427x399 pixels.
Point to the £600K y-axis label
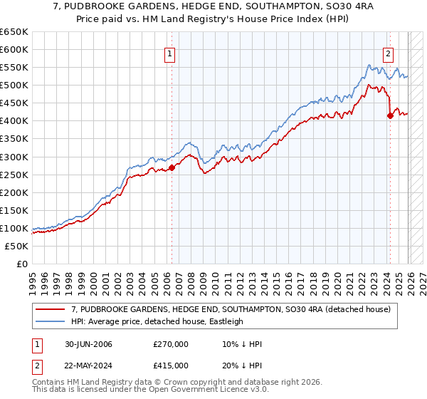click(x=14, y=49)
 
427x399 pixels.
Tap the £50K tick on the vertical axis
click(x=17, y=246)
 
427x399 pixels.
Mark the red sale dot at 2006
click(x=172, y=167)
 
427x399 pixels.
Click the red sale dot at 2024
click(x=390, y=115)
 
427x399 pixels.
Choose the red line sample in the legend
click(x=51, y=309)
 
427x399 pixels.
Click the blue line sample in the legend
click(x=51, y=321)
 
